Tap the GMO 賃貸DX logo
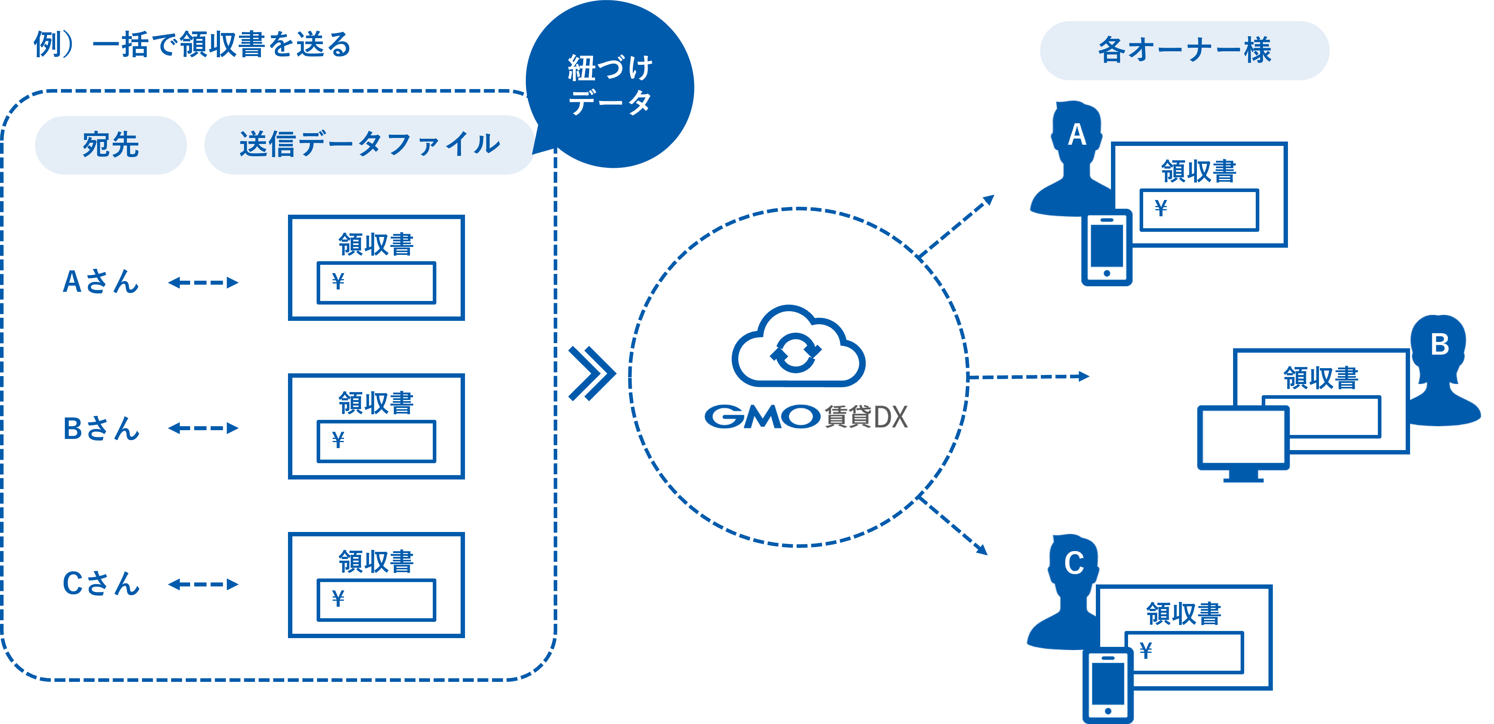(x=805, y=416)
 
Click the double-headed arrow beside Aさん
(x=203, y=283)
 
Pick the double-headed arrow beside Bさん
(x=203, y=428)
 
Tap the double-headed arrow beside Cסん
(x=203, y=584)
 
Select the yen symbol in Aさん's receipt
(x=338, y=282)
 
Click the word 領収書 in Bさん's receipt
(x=376, y=403)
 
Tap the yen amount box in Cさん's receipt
(x=376, y=600)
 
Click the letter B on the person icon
(x=1440, y=344)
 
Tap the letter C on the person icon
(x=1074, y=563)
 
